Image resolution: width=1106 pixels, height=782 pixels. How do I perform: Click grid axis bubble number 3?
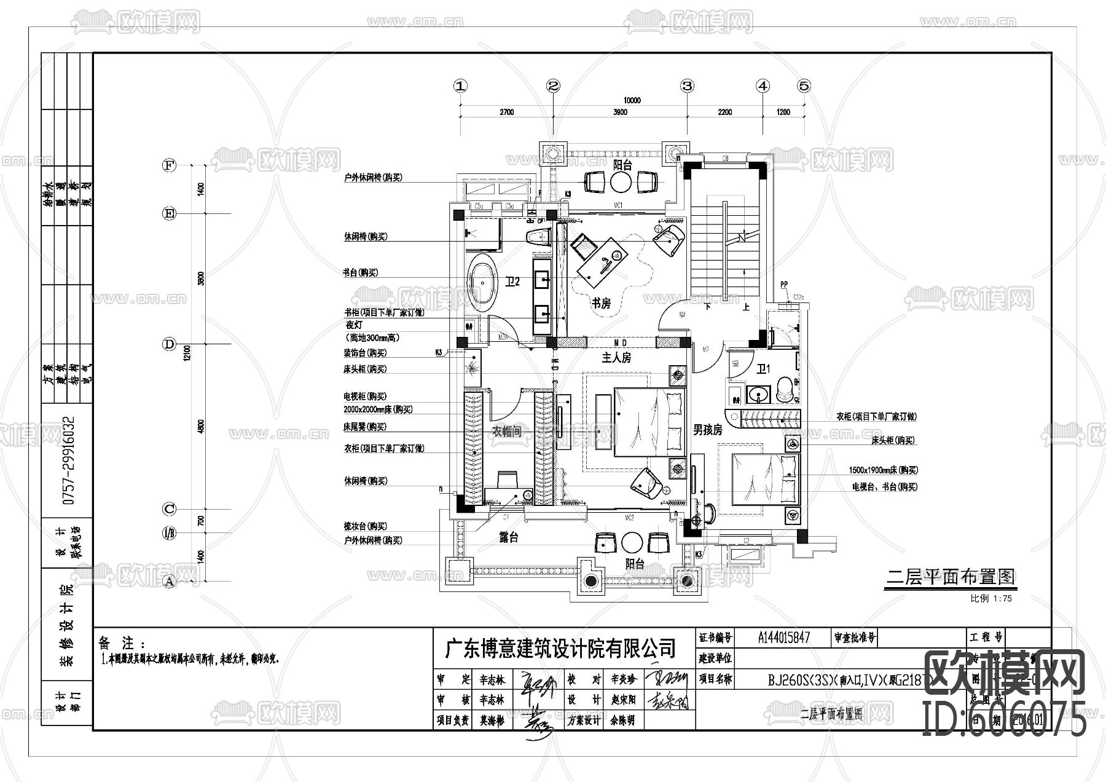pyautogui.click(x=687, y=86)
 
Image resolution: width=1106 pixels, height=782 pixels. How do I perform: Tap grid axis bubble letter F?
pyautogui.click(x=169, y=165)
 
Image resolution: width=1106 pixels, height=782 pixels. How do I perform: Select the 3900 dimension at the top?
pyautogui.click(x=620, y=112)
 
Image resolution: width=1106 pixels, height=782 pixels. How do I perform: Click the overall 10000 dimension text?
pyautogui.click(x=632, y=100)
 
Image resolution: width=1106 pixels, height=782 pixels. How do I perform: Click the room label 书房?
pyautogui.click(x=601, y=303)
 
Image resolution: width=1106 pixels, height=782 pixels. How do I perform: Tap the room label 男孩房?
pyautogui.click(x=708, y=430)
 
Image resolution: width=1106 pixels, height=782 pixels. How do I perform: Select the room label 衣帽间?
pyautogui.click(x=507, y=432)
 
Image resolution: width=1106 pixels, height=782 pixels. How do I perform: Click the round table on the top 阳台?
pyautogui.click(x=622, y=182)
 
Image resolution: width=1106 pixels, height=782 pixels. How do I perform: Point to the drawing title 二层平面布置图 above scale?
pyautogui.click(x=951, y=577)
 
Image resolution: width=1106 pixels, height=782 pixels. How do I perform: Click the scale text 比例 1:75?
pyautogui.click(x=990, y=598)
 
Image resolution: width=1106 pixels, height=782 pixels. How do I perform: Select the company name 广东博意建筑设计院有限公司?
pyautogui.click(x=560, y=648)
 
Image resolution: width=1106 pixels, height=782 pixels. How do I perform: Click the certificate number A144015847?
pyautogui.click(x=784, y=638)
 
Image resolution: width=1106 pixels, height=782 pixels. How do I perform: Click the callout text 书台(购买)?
pyautogui.click(x=361, y=272)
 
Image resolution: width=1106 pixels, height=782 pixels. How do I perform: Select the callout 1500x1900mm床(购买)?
pyautogui.click(x=883, y=470)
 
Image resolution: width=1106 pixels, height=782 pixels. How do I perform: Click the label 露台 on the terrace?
pyautogui.click(x=509, y=538)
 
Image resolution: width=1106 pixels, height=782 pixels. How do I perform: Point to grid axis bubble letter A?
pyautogui.click(x=169, y=581)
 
